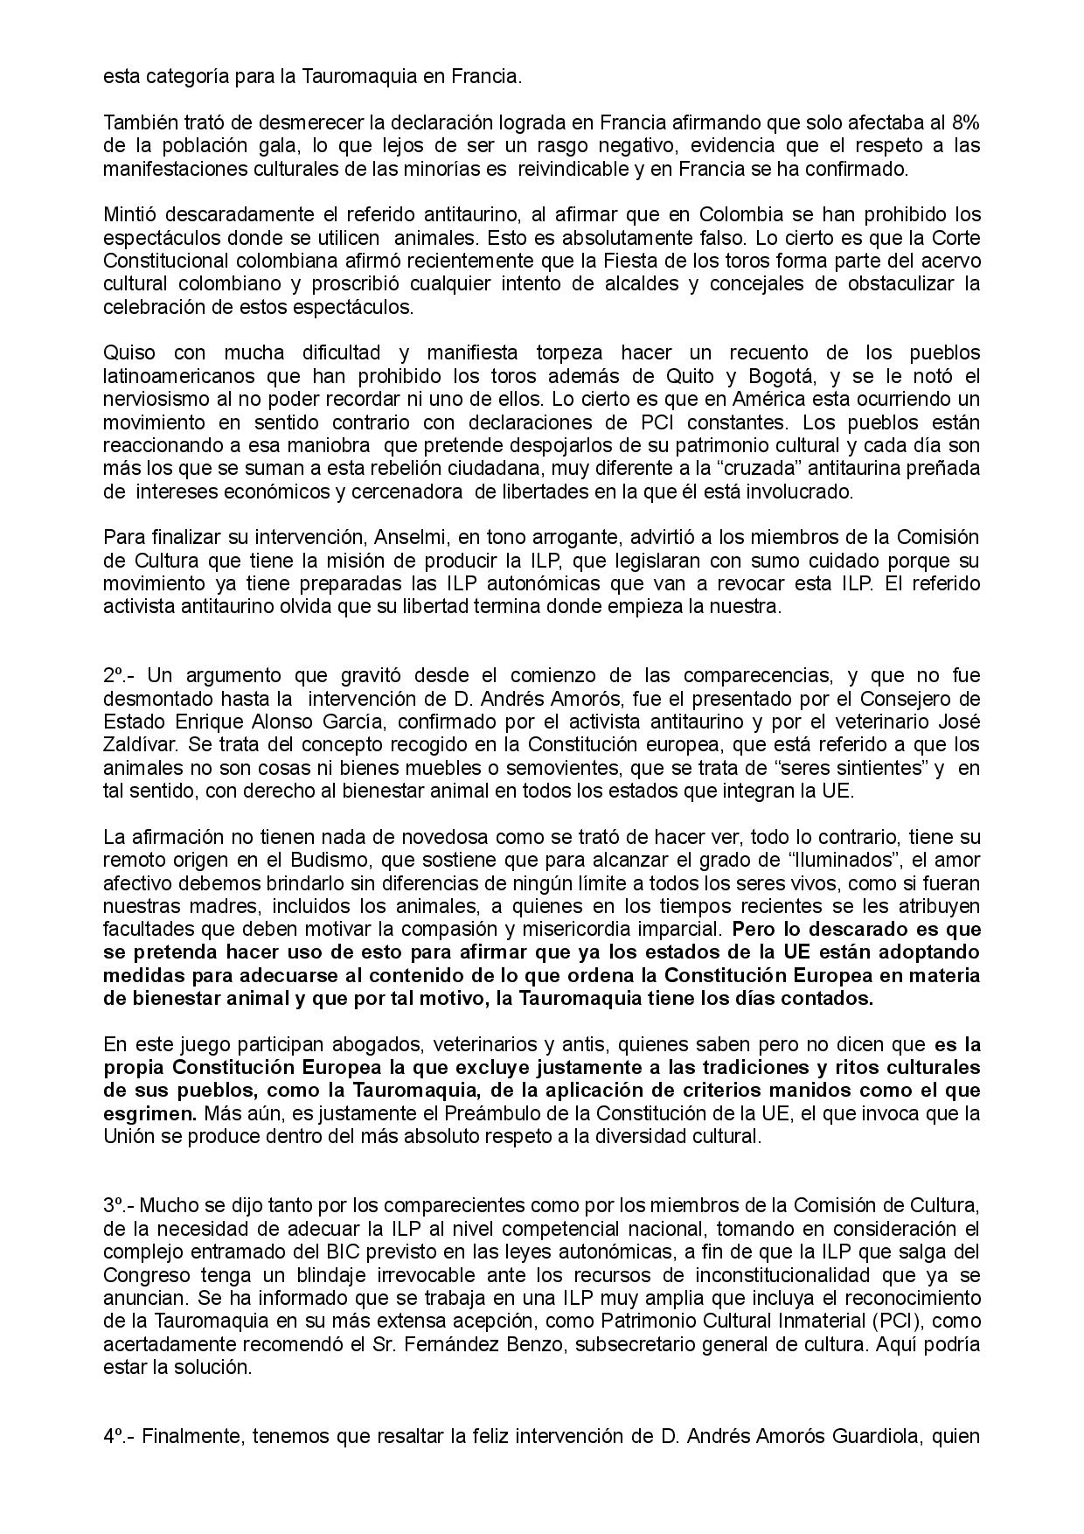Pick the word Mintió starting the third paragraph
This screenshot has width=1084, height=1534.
[x=131, y=214]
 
